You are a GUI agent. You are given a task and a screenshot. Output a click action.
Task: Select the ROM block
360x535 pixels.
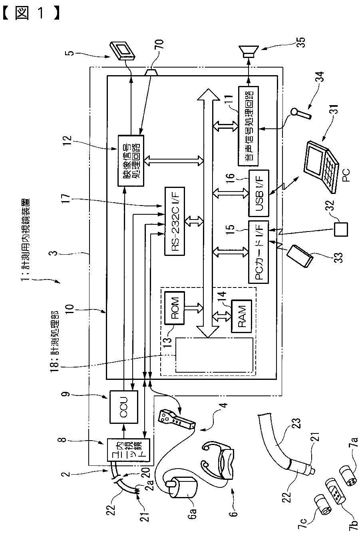pos(175,308)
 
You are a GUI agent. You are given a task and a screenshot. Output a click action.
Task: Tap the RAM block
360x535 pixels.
pos(241,316)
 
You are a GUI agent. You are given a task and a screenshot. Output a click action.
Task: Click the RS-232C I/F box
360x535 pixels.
pos(175,221)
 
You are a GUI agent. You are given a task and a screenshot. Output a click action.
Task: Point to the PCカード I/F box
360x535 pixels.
pos(259,252)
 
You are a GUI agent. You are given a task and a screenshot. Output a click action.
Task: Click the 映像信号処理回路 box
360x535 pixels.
pos(131,160)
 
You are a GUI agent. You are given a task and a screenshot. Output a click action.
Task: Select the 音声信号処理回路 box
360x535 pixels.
pos(248,126)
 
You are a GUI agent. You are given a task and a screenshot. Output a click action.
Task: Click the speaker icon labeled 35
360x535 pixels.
pos(249,52)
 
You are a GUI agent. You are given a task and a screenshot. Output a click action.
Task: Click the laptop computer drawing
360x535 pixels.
pos(321,166)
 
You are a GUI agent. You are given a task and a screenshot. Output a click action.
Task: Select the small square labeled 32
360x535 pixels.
pos(341,229)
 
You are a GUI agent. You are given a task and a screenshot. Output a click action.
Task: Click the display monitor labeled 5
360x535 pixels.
pos(123,51)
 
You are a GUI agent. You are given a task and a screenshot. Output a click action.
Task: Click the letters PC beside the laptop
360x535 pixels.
pos(346,175)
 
